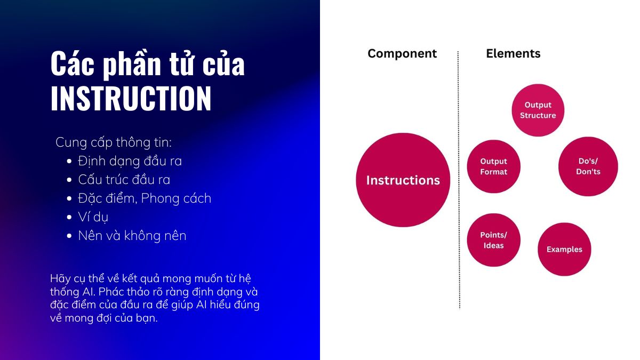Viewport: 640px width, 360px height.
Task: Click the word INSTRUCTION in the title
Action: (x=131, y=98)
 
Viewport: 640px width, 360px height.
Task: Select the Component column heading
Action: (x=402, y=53)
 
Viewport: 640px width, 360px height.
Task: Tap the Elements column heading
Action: (x=513, y=53)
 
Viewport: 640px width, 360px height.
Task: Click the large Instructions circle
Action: (x=403, y=180)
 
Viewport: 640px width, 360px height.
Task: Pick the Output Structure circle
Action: (x=538, y=110)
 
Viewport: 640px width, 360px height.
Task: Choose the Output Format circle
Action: (x=493, y=166)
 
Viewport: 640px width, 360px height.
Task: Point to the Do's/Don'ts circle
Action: (x=588, y=166)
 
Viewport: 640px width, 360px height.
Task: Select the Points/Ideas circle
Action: (x=493, y=240)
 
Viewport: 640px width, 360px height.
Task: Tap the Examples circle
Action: (x=564, y=249)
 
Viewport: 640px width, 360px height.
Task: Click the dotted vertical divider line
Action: (x=459, y=180)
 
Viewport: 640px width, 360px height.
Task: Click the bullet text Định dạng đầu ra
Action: (x=130, y=161)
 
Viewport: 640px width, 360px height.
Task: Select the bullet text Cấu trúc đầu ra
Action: (x=124, y=180)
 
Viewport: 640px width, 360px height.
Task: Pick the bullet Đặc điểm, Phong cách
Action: (x=145, y=198)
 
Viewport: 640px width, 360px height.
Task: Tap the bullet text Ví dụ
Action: (x=93, y=217)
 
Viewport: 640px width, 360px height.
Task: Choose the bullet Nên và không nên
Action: (x=132, y=236)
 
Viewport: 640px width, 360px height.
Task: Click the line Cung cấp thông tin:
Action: (x=114, y=142)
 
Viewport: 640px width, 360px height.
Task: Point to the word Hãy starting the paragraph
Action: (x=59, y=278)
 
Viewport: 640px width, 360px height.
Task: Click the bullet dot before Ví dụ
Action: (x=69, y=218)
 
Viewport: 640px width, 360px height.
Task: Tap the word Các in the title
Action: (x=73, y=63)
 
